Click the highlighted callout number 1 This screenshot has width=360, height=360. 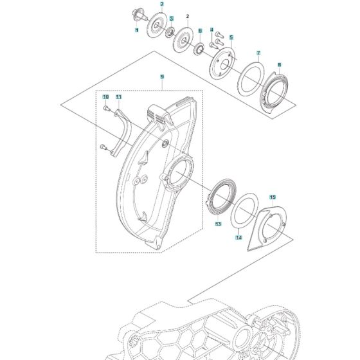tap(136, 30)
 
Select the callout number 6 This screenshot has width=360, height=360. tap(200, 30)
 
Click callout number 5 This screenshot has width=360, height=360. tap(231, 38)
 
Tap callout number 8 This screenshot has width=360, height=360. tap(279, 65)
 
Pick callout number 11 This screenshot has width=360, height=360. tap(118, 97)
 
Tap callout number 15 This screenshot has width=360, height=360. tap(272, 197)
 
